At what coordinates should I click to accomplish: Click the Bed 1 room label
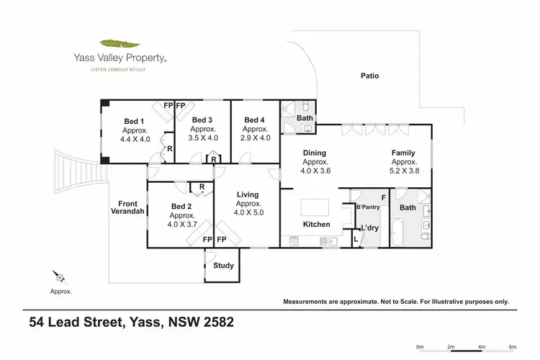point(134,120)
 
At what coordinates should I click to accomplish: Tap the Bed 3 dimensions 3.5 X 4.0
point(204,138)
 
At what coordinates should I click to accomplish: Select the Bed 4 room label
point(255,120)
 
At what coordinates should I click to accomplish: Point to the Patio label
point(370,76)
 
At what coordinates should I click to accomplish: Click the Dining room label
point(314,153)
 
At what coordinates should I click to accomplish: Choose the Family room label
point(403,153)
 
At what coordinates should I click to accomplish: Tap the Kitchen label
point(316,225)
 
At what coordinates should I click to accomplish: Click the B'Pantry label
point(368,208)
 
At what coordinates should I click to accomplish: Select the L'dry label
point(370,228)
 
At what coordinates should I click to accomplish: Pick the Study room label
point(223,266)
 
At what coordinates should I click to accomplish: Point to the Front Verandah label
point(128,207)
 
